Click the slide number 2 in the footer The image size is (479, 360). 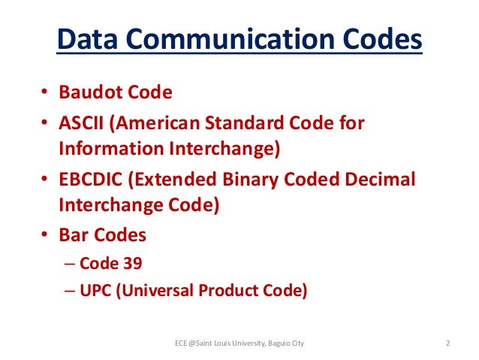(448, 344)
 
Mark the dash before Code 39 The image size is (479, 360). (68, 263)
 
